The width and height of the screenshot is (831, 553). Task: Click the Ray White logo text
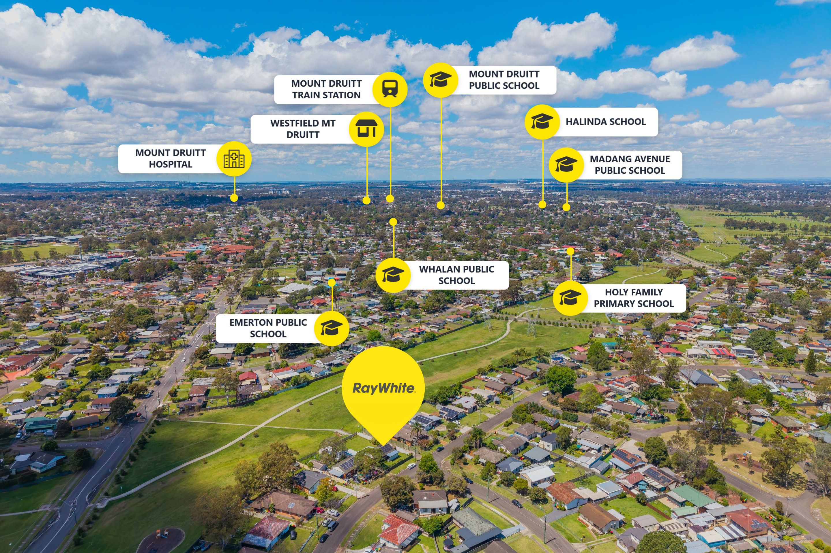point(383,388)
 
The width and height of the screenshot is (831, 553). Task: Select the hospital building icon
point(234,159)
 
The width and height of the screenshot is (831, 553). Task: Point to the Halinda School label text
point(605,122)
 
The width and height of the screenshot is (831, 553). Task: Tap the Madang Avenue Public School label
point(630,165)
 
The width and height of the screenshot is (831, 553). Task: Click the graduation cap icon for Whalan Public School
point(393,274)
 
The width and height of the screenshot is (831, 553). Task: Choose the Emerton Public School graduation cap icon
point(331,328)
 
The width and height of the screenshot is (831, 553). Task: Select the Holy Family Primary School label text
point(634,298)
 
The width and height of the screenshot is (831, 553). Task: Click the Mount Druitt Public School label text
point(504,80)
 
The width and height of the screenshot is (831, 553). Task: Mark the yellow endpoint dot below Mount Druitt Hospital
point(234,198)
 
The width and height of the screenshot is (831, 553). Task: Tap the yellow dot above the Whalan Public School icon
point(393,222)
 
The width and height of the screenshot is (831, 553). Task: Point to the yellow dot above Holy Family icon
point(570,251)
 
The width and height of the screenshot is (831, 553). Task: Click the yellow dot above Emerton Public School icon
point(332,282)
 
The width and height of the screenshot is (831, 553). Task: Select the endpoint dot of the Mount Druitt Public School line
point(440,205)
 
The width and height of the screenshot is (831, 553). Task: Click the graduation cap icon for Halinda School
point(542,122)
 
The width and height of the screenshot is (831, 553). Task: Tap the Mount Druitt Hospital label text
point(170,158)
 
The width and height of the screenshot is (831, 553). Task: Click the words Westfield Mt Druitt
point(303,129)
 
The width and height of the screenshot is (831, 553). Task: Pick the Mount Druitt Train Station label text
point(326,89)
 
